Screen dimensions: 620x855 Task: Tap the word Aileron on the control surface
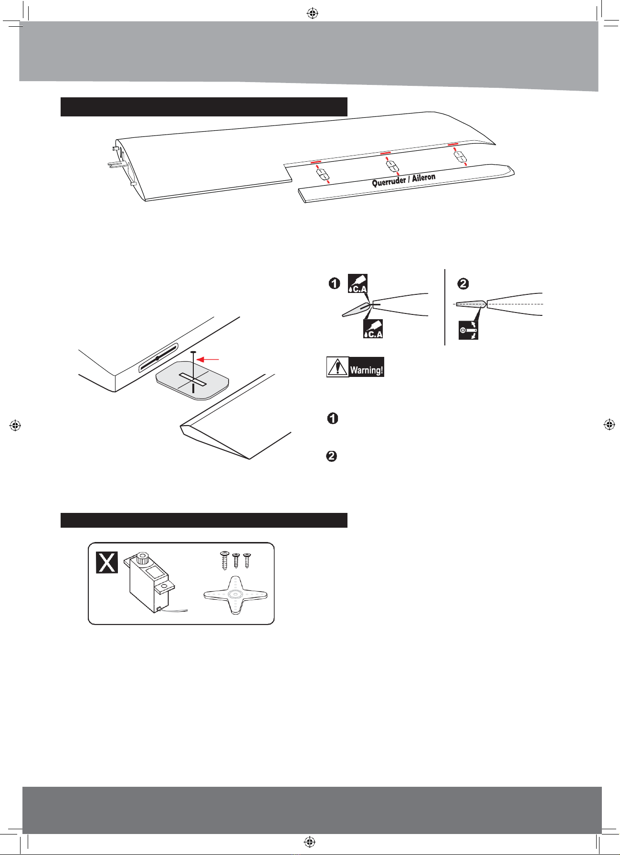424,177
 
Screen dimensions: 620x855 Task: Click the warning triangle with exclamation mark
337,367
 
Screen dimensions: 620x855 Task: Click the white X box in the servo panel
107,562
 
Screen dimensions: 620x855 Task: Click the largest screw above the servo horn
224,560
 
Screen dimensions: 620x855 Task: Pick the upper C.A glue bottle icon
357,284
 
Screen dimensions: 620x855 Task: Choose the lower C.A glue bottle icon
373,328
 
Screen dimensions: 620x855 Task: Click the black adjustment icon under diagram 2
468,330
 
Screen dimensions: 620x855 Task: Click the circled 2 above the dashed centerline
463,284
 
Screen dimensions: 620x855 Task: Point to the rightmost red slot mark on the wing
452,144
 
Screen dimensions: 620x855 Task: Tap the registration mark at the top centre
312,13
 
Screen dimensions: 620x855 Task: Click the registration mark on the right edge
609,424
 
